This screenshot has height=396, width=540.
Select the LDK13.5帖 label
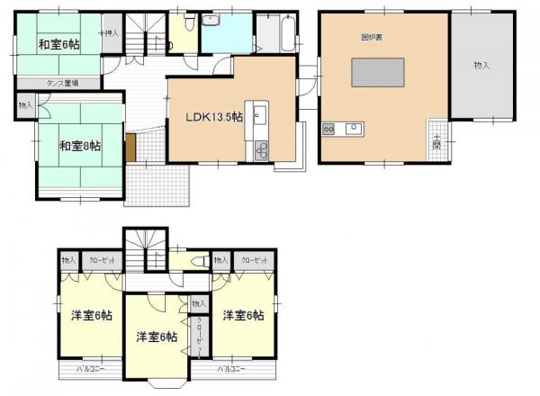(213, 117)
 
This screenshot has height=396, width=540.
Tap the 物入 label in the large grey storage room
(481, 65)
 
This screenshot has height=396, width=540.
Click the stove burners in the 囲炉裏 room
(328, 129)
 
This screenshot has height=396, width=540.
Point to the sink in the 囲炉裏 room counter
(353, 128)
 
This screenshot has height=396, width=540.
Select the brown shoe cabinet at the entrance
(131, 146)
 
